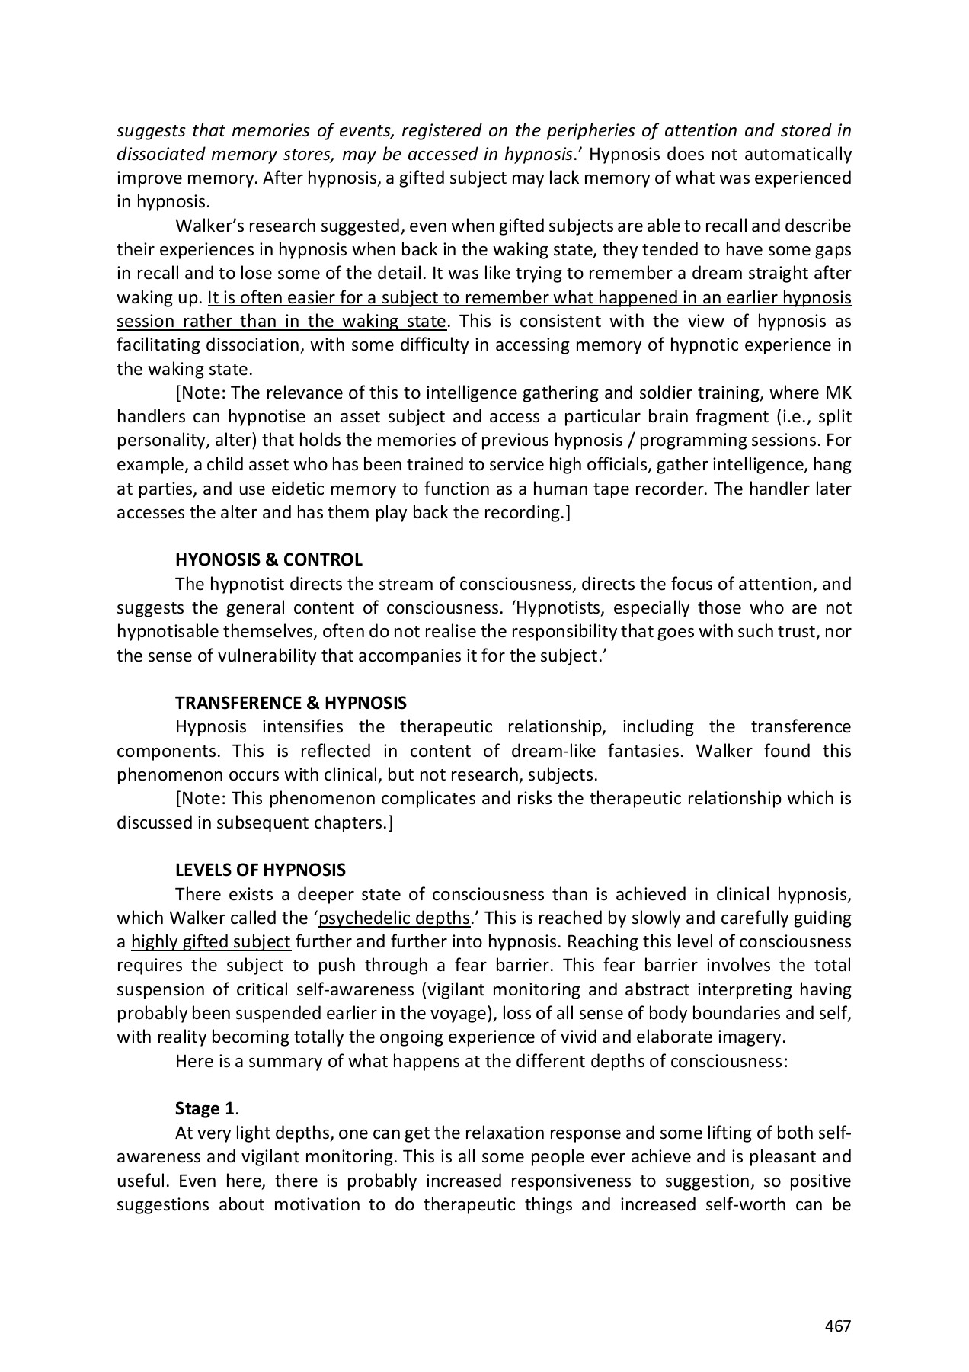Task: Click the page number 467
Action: (837, 1326)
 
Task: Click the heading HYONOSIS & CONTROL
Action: (268, 560)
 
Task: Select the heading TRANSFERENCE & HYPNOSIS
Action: (290, 703)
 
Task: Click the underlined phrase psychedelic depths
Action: (394, 918)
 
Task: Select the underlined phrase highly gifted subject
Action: (211, 941)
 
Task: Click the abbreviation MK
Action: (839, 393)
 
